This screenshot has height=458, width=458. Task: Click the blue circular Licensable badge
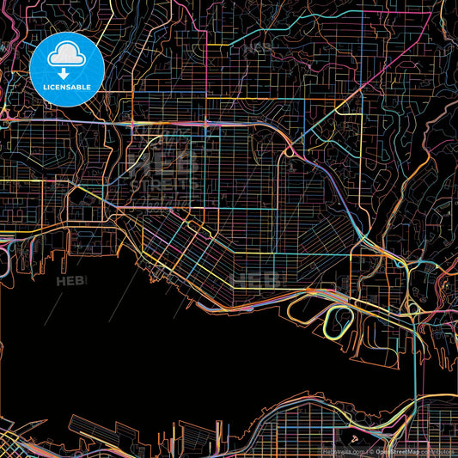(x=67, y=71)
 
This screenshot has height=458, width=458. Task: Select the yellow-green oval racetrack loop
(x=341, y=321)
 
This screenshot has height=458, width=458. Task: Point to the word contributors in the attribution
(x=438, y=450)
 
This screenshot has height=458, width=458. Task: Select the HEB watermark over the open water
(x=70, y=281)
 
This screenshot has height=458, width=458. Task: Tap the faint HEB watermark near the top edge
(x=255, y=49)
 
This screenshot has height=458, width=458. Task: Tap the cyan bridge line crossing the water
(x=416, y=369)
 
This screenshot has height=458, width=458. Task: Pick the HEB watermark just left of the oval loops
(x=258, y=279)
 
